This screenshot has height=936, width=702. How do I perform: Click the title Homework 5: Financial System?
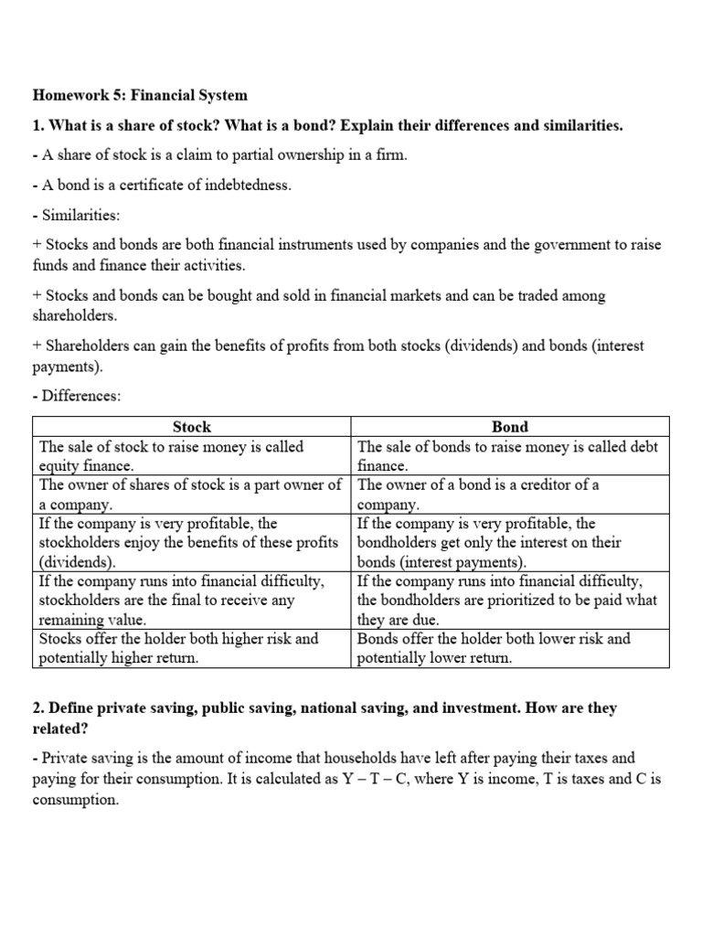[x=140, y=95]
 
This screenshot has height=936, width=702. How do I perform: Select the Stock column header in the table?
[x=192, y=427]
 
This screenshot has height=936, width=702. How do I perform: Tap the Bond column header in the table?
[x=510, y=427]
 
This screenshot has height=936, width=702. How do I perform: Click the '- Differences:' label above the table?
[x=77, y=397]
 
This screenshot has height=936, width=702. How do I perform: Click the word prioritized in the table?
[x=526, y=600]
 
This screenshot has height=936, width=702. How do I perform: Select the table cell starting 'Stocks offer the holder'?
[x=192, y=648]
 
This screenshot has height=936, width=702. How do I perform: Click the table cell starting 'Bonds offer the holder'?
[x=510, y=648]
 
